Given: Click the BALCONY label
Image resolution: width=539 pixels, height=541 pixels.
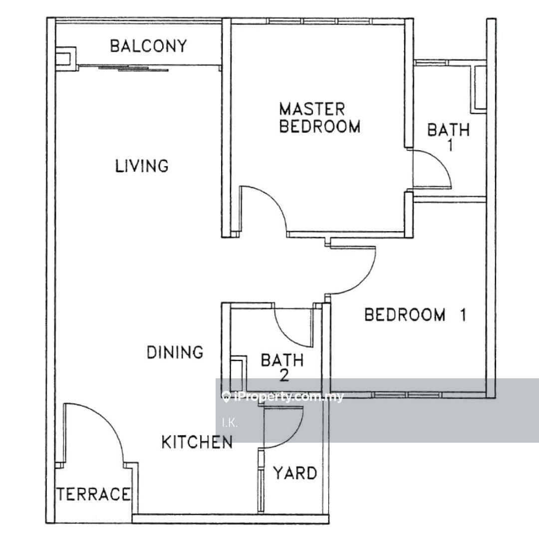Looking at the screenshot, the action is click(148, 46).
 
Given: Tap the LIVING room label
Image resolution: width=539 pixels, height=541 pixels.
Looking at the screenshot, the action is click(142, 166).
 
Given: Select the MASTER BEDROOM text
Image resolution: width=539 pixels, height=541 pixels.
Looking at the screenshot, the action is click(319, 118).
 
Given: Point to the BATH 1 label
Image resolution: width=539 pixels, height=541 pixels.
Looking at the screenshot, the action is click(449, 137).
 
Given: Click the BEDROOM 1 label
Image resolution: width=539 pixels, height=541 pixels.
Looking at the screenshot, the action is click(415, 315).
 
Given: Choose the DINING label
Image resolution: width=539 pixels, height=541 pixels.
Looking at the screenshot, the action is click(175, 353).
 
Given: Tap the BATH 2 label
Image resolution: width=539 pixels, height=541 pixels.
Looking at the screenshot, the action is click(282, 368).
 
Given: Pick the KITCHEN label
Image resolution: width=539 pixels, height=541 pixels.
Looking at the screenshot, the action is click(197, 442).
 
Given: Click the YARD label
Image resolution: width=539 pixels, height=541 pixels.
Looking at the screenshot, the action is click(295, 473).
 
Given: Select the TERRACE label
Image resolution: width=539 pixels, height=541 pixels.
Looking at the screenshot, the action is click(93, 494).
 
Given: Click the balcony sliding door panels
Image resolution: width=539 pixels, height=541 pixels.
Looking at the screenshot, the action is click(133, 68).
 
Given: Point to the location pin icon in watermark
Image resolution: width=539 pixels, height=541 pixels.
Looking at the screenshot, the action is click(226, 397).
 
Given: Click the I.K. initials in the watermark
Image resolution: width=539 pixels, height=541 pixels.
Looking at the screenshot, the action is click(230, 423).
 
